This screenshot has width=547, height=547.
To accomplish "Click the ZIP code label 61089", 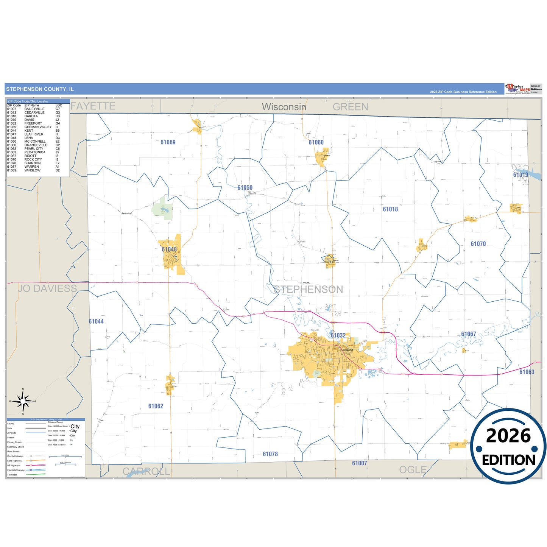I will (168, 142).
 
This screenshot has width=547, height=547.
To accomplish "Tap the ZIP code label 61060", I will (316, 142).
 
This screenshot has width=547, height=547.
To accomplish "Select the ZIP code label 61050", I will (245, 188).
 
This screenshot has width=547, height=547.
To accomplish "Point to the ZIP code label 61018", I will (390, 209).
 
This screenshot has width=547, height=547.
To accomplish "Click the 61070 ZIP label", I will (478, 244).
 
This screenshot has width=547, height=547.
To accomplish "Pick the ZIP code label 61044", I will (96, 321).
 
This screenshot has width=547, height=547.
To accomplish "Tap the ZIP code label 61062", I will (156, 406).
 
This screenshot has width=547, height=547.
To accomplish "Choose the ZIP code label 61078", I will (270, 454).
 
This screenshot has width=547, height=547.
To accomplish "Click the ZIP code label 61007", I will (359, 463).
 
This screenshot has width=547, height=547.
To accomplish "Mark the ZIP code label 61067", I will (468, 334).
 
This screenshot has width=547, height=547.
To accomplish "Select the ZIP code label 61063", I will (527, 372).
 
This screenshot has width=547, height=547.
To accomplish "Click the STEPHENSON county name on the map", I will (309, 290).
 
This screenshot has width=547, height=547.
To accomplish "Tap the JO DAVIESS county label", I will (47, 288).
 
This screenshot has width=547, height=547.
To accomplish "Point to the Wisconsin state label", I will (284, 107).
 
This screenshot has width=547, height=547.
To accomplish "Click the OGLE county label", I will (413, 470).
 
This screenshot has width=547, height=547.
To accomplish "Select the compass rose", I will (23, 401).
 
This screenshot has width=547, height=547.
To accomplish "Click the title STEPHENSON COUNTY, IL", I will (40, 89).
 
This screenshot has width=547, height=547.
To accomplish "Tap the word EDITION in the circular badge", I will (508, 460).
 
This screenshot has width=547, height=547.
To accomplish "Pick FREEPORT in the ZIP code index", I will (33, 123).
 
